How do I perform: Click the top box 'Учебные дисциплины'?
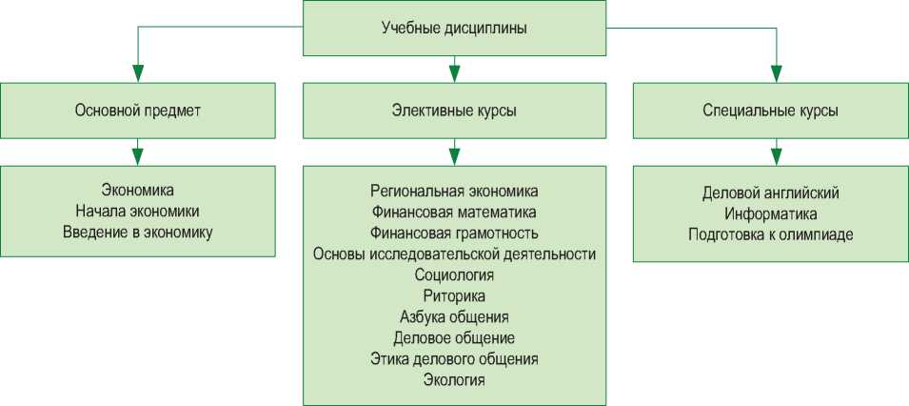(454, 28)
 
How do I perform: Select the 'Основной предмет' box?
(138, 111)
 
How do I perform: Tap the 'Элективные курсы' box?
(454, 111)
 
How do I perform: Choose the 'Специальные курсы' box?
(770, 111)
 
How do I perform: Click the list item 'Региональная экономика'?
(454, 190)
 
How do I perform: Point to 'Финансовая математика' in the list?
(454, 211)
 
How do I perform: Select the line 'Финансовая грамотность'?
(454, 232)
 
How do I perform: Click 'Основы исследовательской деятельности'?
(454, 254)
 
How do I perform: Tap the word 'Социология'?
(454, 274)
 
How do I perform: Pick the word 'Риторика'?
(454, 295)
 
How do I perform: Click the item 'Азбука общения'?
(454, 316)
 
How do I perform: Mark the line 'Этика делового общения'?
(454, 359)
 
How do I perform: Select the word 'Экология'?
(454, 380)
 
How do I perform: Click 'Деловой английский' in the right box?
(770, 193)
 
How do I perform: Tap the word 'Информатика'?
(770, 213)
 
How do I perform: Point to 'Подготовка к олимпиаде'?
(770, 234)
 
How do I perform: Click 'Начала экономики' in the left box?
(138, 211)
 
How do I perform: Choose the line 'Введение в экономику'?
(138, 232)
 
